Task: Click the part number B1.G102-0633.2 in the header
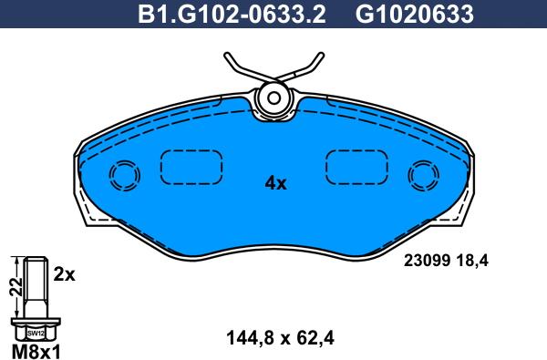pyautogui.click(x=232, y=15)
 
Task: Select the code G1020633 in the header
pyautogui.click(x=414, y=15)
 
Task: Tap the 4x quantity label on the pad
pyautogui.click(x=275, y=183)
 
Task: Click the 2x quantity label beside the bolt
pyautogui.click(x=64, y=275)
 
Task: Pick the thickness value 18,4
pyautogui.click(x=470, y=262)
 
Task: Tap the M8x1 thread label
pyautogui.click(x=36, y=351)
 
